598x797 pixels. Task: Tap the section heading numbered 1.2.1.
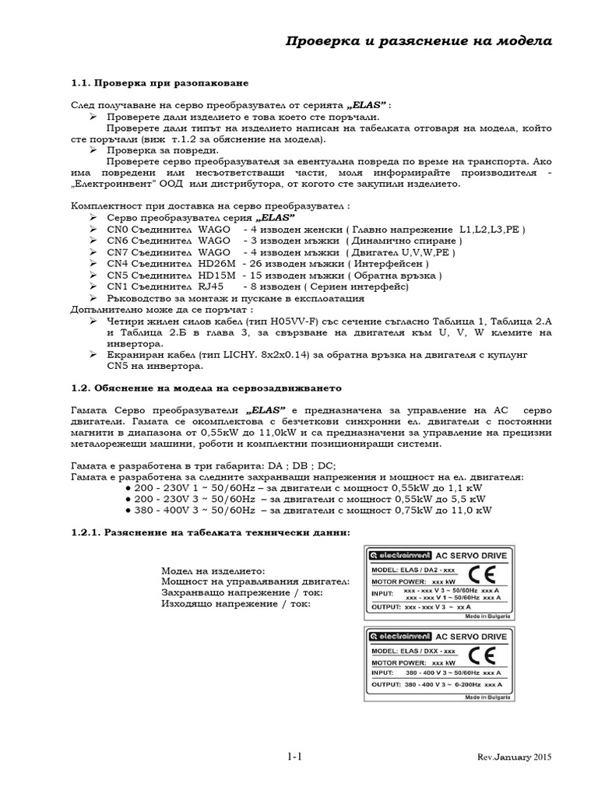(x=210, y=532)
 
